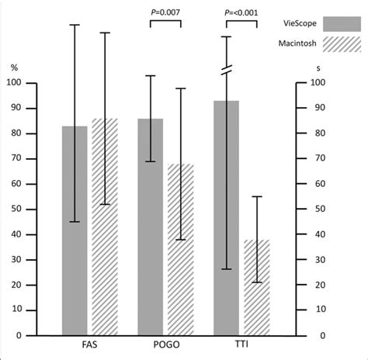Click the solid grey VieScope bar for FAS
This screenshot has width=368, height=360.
(x=75, y=230)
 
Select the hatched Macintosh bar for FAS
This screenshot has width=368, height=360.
(x=105, y=227)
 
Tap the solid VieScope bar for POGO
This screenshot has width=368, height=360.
(x=151, y=227)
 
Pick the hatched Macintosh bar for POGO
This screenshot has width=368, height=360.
(x=181, y=250)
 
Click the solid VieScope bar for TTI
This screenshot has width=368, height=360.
(x=226, y=218)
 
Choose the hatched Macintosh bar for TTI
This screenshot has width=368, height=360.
(x=257, y=288)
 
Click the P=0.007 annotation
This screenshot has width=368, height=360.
(x=165, y=12)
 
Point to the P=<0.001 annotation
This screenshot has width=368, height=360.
(x=241, y=12)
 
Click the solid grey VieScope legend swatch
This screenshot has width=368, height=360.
(x=342, y=24)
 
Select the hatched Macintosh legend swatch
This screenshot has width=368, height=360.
(x=342, y=44)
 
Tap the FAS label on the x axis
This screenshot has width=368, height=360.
(x=89, y=344)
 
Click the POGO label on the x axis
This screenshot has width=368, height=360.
(x=166, y=344)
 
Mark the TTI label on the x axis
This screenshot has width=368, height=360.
(x=241, y=344)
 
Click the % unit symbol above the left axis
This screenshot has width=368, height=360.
(x=14, y=67)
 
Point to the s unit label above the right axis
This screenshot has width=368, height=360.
(x=318, y=68)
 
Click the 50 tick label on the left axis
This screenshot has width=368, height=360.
(x=16, y=209)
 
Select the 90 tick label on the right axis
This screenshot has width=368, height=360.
(x=320, y=108)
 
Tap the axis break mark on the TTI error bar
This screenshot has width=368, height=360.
(x=227, y=70)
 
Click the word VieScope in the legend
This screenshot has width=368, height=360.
(x=300, y=23)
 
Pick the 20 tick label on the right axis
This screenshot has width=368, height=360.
(x=320, y=285)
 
